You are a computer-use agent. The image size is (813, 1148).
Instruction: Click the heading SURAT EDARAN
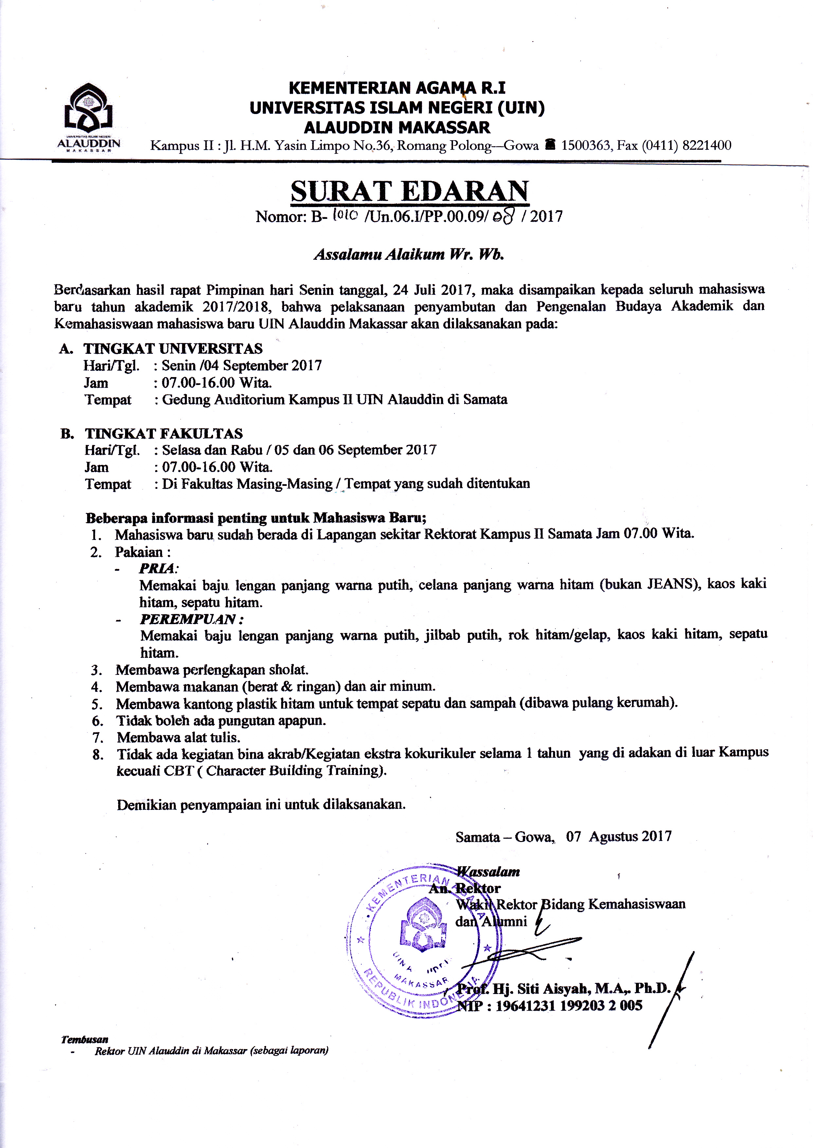(409, 191)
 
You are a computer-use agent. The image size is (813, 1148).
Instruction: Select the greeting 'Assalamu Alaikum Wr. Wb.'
(408, 255)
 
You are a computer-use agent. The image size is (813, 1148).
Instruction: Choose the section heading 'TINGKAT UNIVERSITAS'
(173, 349)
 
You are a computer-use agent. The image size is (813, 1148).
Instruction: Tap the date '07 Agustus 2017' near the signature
(619, 836)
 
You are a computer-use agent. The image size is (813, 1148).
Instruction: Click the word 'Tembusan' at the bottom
(84, 1040)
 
